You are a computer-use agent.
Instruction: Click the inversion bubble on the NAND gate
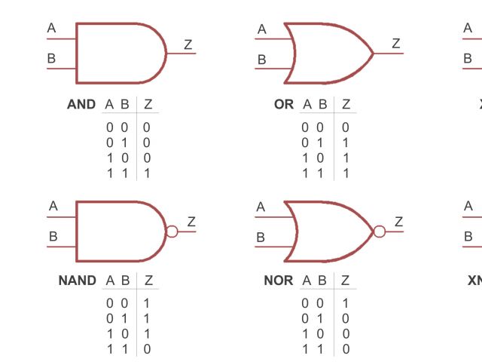172,231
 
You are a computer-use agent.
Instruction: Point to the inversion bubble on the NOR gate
379,231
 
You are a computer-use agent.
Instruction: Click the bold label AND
81,104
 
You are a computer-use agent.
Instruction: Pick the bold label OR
284,104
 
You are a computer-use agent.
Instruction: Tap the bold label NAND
78,281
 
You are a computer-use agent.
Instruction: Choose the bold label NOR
278,281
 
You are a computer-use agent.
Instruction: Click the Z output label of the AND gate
188,44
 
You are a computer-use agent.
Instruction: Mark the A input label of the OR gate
262,29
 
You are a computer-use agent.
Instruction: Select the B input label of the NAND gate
53,236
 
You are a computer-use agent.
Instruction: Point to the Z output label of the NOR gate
398,222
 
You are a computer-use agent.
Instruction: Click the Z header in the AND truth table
148,104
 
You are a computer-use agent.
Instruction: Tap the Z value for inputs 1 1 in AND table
147,173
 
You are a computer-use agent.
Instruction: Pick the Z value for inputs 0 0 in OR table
346,127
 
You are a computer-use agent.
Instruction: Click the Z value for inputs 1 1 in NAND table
147,348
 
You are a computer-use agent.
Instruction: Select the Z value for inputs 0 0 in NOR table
346,303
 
